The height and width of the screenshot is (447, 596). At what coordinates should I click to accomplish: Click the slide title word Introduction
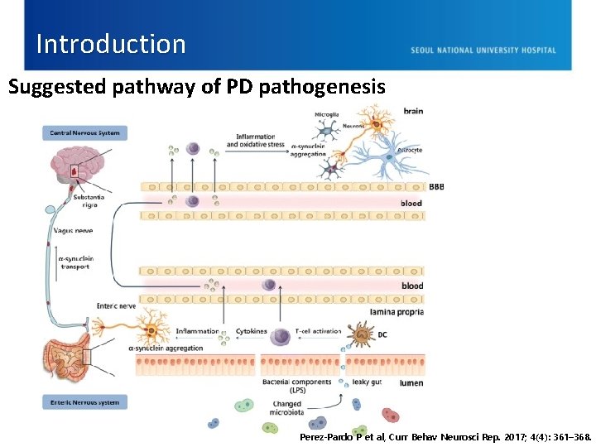(x=111, y=44)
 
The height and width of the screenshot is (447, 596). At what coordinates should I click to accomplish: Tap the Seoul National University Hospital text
(x=483, y=50)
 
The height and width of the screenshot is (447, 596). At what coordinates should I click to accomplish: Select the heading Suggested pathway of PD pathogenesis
(x=197, y=86)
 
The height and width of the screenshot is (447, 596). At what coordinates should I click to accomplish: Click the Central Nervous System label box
(x=84, y=132)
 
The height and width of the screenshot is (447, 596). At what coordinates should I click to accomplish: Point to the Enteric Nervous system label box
(x=84, y=402)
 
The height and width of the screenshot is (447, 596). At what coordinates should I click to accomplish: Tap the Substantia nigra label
(x=89, y=200)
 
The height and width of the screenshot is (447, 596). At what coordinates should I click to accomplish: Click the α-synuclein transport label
(x=75, y=262)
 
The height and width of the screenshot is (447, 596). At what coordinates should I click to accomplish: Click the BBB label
(x=436, y=187)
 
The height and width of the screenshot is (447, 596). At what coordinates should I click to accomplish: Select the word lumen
(x=411, y=383)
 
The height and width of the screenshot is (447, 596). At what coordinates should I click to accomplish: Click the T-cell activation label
(x=318, y=331)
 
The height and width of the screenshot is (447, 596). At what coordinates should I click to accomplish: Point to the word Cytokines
(x=252, y=331)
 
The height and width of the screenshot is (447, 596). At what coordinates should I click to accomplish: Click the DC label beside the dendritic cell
(x=382, y=334)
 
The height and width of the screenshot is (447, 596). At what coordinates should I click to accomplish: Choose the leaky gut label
(x=367, y=382)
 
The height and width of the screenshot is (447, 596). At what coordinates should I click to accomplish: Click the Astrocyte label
(x=409, y=151)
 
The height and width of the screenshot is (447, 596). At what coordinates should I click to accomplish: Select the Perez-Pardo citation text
(x=445, y=436)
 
